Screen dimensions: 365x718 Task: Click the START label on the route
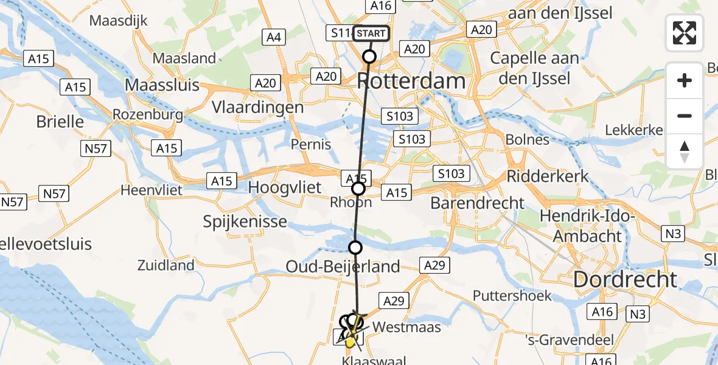[371, 33]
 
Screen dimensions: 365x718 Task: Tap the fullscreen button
[685, 33]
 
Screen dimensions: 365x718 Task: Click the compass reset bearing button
[685, 151]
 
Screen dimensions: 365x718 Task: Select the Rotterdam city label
[411, 80]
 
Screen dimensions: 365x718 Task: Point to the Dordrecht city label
[625, 279]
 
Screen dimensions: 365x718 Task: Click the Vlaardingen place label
[257, 107]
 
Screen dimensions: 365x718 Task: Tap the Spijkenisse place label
[245, 221]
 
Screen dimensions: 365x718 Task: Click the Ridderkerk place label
[548, 176]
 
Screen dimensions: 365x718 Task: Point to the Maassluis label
[162, 84]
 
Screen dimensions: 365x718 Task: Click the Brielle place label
[60, 121]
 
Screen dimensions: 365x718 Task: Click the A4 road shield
[274, 38]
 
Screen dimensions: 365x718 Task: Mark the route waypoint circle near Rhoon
[358, 189]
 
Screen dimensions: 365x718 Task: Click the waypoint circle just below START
[369, 57]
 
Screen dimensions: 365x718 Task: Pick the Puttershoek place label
[513, 296]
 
